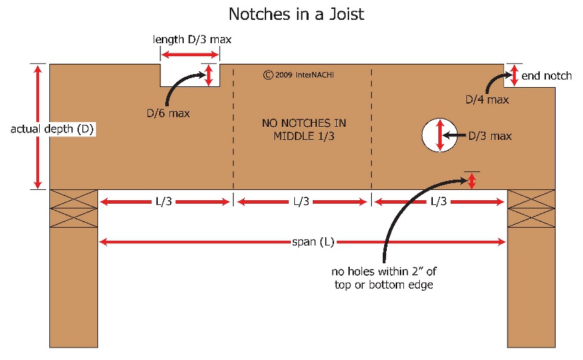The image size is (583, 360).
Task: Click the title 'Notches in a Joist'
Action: [296, 14]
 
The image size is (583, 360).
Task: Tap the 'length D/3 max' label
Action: [192, 39]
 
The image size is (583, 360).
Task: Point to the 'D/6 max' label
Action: [168, 113]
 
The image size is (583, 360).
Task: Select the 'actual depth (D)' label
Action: [52, 129]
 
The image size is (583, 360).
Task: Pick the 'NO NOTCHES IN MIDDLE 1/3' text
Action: [304, 130]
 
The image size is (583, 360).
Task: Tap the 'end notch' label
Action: [546, 76]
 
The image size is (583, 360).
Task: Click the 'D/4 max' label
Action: [487, 99]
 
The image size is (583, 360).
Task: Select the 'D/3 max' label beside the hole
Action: [490, 136]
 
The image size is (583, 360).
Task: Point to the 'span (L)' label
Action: [313, 242]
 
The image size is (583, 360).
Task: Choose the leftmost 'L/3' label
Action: [164, 202]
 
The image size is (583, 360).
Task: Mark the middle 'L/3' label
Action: [301, 202]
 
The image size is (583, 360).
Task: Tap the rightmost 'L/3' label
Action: [439, 202]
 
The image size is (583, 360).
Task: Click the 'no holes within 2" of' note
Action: [383, 272]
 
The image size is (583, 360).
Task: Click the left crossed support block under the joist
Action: [73, 208]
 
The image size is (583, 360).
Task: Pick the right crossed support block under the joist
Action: [532, 208]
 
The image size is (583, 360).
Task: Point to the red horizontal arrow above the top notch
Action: [190, 55]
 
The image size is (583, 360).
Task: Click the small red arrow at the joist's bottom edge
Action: [471, 181]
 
